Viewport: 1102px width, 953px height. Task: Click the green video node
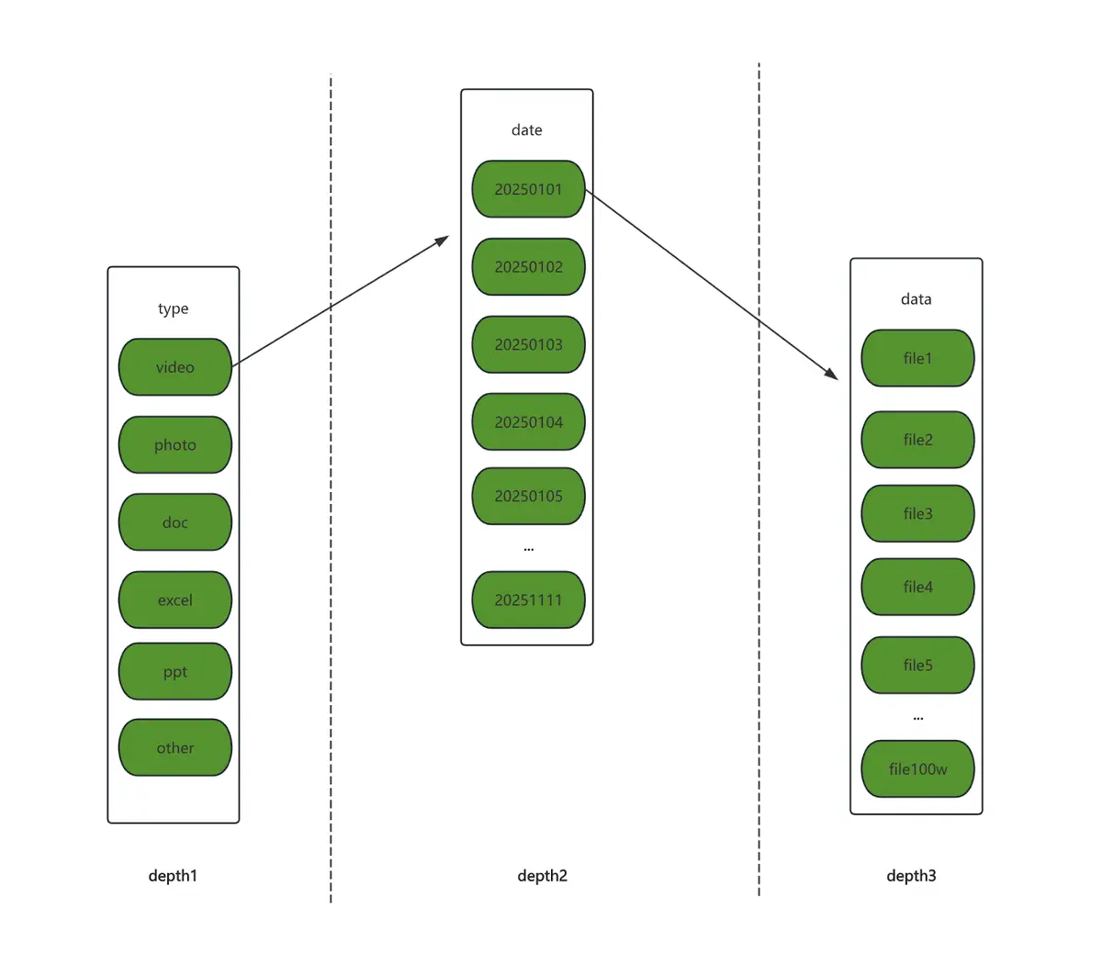pyautogui.click(x=174, y=366)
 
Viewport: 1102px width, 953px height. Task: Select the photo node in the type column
pyautogui.click(x=174, y=444)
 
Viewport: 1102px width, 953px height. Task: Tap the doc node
pyautogui.click(x=174, y=521)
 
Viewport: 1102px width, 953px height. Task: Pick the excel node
pyautogui.click(x=174, y=600)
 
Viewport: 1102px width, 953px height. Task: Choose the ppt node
pyautogui.click(x=174, y=671)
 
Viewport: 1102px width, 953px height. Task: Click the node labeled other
pyautogui.click(x=174, y=747)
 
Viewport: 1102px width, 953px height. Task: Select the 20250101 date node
pyautogui.click(x=528, y=189)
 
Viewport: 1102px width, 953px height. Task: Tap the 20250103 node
pyautogui.click(x=528, y=344)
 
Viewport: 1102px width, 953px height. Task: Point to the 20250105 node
pyautogui.click(x=528, y=496)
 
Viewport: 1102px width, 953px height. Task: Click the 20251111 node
pyautogui.click(x=528, y=600)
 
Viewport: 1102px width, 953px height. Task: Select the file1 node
pyautogui.click(x=917, y=358)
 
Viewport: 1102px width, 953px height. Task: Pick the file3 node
pyautogui.click(x=917, y=513)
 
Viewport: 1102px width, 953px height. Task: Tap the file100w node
pyautogui.click(x=917, y=768)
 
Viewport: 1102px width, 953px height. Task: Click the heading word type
pyautogui.click(x=174, y=308)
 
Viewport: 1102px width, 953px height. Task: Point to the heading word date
pyautogui.click(x=527, y=130)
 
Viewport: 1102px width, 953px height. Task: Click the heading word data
pyautogui.click(x=916, y=299)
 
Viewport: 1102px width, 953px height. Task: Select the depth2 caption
pyautogui.click(x=542, y=876)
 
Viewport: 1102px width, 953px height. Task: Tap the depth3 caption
pyautogui.click(x=911, y=876)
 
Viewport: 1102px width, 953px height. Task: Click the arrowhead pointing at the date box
pyautogui.click(x=442, y=241)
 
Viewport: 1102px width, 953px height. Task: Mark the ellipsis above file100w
pyautogui.click(x=917, y=719)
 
